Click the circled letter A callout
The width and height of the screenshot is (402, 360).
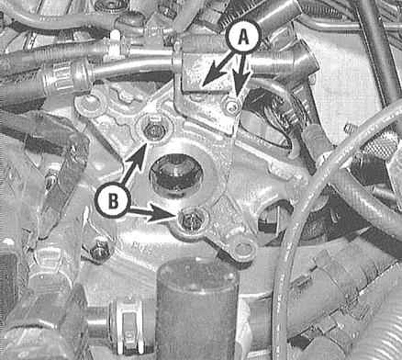pos(243,37)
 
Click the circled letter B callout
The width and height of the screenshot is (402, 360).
pos(113,202)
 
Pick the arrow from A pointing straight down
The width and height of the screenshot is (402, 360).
pos(242,73)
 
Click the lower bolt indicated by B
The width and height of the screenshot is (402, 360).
pos(192,221)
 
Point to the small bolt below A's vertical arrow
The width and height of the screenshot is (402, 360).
pos(232,106)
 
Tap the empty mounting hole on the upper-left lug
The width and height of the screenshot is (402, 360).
pos(89,105)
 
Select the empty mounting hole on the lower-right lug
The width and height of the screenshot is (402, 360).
pos(244,250)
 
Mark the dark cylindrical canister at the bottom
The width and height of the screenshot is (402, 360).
pos(197,309)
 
